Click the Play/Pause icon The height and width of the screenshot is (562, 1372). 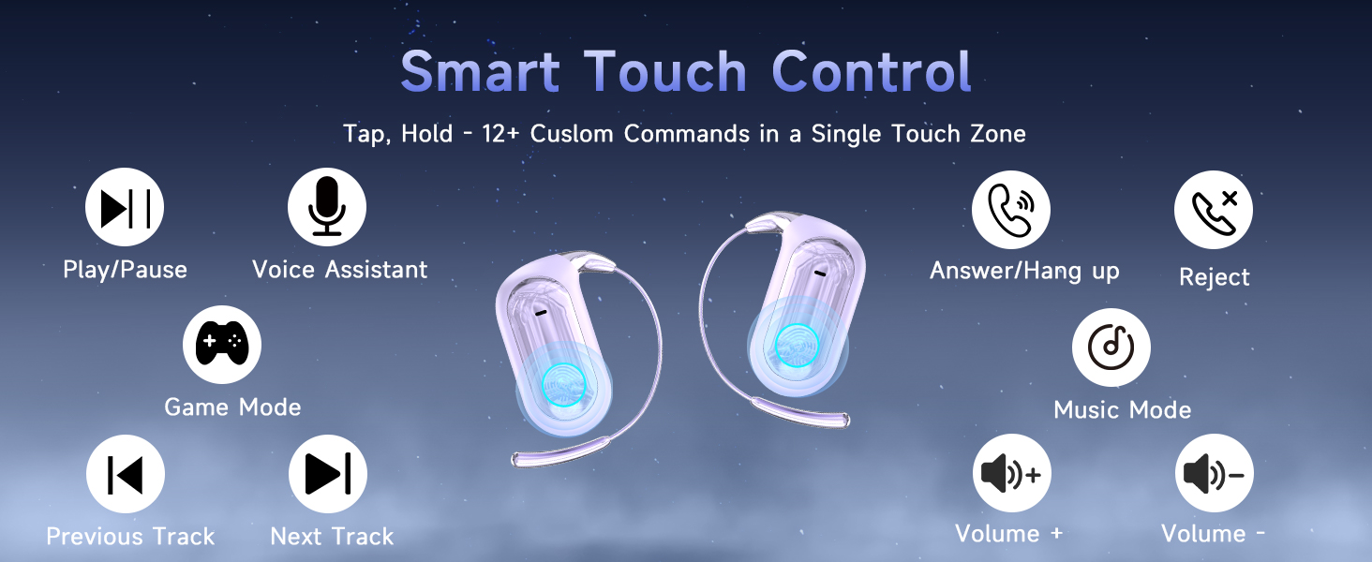tap(125, 207)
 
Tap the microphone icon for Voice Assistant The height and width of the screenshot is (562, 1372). tap(327, 207)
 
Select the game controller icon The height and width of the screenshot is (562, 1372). tap(222, 345)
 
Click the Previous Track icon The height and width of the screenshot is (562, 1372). tap(126, 474)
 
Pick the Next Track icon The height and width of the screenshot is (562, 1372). tap(328, 474)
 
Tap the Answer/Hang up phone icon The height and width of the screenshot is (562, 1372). tap(1011, 209)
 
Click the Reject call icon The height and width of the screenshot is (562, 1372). tap(1214, 210)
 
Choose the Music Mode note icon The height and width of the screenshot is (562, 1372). tap(1111, 348)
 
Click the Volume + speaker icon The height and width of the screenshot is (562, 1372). tap(1012, 474)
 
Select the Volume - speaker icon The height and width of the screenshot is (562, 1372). tap(1215, 474)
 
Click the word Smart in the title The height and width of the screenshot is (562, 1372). tap(480, 71)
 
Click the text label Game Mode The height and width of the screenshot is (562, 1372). tap(232, 407)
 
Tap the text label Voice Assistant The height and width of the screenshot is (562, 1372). tap(339, 270)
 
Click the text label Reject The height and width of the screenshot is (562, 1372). tap(1214, 277)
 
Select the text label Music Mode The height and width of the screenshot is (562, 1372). tap(1122, 409)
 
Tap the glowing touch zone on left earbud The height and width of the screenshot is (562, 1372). tap(563, 382)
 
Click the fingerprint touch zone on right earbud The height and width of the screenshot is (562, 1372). tap(797, 346)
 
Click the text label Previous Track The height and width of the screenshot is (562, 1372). tap(130, 537)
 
